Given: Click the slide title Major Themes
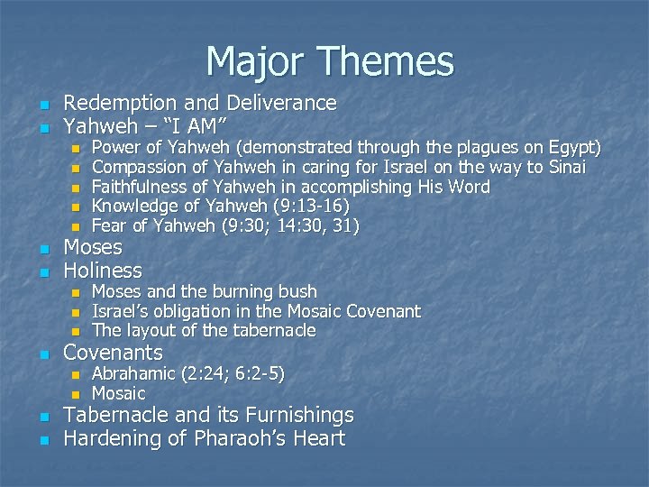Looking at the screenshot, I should (x=329, y=61).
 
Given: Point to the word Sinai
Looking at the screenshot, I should (x=565, y=167).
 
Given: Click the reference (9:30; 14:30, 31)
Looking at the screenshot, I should (x=288, y=226).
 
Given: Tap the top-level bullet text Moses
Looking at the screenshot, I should (x=92, y=248).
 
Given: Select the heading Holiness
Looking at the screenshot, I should (x=102, y=271).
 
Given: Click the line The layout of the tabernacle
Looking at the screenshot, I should (x=204, y=331).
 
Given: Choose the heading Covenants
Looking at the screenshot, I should (x=113, y=353).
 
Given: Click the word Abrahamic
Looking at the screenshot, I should (x=134, y=373).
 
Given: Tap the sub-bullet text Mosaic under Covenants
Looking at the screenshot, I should (x=118, y=393).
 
